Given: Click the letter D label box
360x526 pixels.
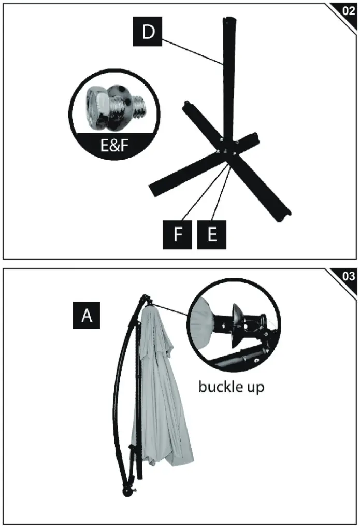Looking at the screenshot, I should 148,32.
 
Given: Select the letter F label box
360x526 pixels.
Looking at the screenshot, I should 177,234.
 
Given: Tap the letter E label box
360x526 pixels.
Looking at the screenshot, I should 211,234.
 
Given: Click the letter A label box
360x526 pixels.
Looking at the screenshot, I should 87,315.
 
